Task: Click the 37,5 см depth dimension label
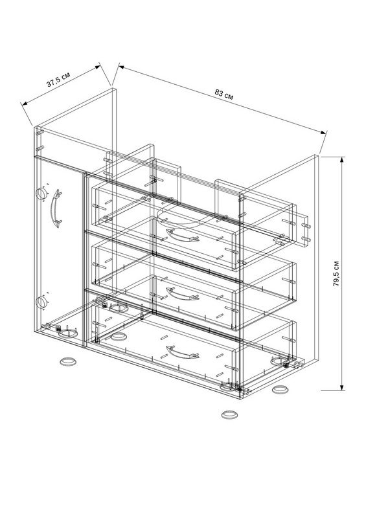click(58, 80)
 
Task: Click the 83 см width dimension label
click(224, 94)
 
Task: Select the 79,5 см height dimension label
click(336, 273)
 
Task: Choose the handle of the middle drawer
click(182, 294)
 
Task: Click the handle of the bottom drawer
click(182, 352)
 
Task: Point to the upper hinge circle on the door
click(41, 194)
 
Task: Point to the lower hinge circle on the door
click(41, 302)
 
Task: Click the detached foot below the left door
click(69, 361)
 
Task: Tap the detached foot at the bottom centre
click(230, 414)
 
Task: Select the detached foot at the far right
click(280, 389)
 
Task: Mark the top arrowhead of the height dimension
click(342, 159)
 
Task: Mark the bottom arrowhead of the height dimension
click(342, 387)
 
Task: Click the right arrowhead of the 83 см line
click(324, 132)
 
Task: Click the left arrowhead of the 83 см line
click(121, 67)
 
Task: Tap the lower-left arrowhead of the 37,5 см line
click(24, 104)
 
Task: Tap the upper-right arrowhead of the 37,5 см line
click(97, 67)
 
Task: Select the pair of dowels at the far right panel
click(306, 232)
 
